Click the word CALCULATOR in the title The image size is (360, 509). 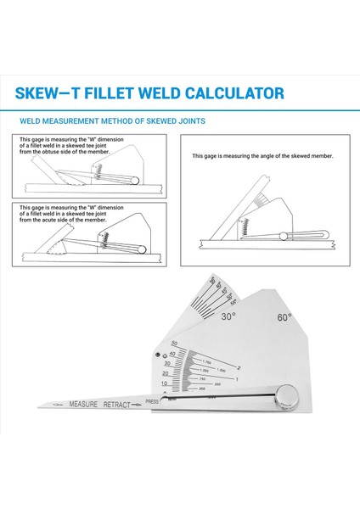(x=235, y=93)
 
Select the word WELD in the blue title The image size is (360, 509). (x=162, y=93)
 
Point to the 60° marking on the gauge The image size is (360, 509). (x=284, y=317)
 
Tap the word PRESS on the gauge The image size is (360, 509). (x=152, y=401)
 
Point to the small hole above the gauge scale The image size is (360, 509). (x=155, y=355)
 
